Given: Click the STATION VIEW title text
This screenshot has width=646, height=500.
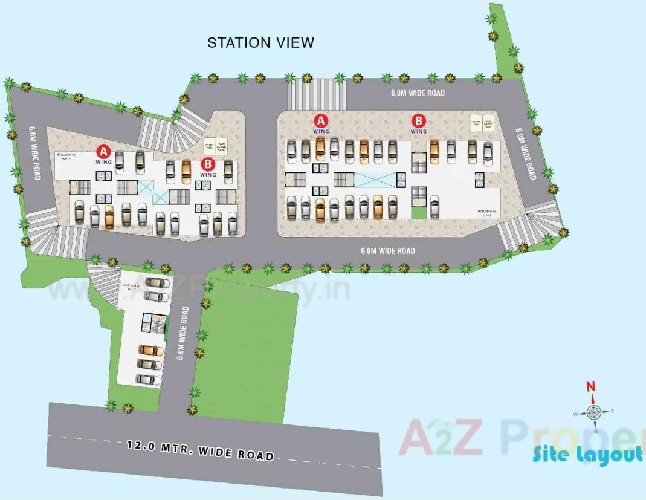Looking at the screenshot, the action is pyautogui.click(x=260, y=42).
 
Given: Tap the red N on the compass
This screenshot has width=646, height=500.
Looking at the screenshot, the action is pyautogui.click(x=592, y=388).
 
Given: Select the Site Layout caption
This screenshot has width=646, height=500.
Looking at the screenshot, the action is pyautogui.click(x=587, y=455).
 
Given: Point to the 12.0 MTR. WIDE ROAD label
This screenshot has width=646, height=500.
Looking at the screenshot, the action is pyautogui.click(x=200, y=450).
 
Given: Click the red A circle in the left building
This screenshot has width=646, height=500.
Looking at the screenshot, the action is pyautogui.click(x=104, y=151).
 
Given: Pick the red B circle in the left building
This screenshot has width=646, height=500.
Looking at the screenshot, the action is pyautogui.click(x=208, y=163).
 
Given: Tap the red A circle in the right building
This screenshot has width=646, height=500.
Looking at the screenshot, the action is pyautogui.click(x=321, y=120).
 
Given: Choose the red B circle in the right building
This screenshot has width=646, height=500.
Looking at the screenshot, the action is pyautogui.click(x=418, y=120).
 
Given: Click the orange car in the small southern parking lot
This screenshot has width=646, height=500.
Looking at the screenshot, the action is pyautogui.click(x=150, y=350).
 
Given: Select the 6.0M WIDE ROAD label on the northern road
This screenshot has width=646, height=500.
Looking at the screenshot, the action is pyautogui.click(x=417, y=93).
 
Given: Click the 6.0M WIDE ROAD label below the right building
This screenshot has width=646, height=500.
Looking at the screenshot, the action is pyautogui.click(x=387, y=250).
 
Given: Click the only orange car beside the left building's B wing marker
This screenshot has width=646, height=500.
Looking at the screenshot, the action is pyautogui.click(x=186, y=171).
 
